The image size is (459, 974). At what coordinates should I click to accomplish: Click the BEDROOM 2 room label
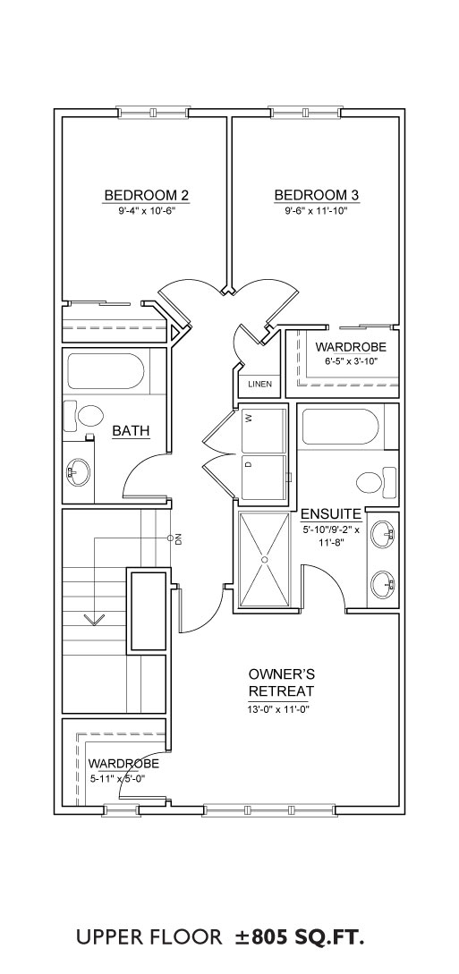[x=147, y=195]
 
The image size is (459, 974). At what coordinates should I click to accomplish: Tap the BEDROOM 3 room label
[x=317, y=195]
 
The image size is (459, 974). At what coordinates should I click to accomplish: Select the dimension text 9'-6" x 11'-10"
[x=316, y=210]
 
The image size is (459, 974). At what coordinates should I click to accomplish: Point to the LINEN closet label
[x=259, y=384]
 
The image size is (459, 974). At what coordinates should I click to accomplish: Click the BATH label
[x=131, y=430]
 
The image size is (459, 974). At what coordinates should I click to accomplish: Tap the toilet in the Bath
[x=83, y=416]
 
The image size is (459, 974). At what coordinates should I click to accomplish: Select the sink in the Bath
[x=79, y=472]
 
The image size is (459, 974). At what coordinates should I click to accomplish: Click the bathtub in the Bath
[x=106, y=371]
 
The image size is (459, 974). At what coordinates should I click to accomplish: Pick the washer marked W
[x=263, y=429]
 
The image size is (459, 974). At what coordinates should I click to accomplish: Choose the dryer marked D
[x=263, y=477]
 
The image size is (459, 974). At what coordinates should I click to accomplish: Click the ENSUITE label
[x=331, y=513]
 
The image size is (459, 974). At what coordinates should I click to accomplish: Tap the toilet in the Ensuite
[x=377, y=480]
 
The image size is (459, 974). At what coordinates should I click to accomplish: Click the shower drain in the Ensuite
[x=264, y=560]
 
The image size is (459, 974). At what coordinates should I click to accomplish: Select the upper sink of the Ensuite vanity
[x=384, y=534]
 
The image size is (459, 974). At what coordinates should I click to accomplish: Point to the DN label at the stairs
[x=178, y=539]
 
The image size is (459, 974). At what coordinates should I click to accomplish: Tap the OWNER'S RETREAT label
[x=281, y=682]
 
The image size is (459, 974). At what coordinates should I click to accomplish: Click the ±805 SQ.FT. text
[x=297, y=937]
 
